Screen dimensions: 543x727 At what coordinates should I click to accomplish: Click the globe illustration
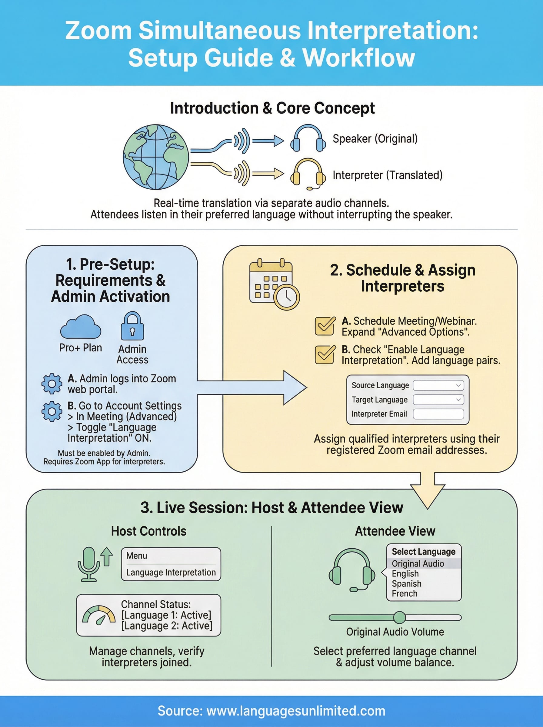(156, 157)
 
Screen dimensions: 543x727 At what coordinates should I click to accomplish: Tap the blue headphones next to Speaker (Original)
(308, 139)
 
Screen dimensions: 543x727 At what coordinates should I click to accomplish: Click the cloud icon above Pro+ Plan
(81, 327)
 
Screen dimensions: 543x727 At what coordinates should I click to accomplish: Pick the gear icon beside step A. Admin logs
(52, 383)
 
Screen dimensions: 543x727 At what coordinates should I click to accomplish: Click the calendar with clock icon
(274, 284)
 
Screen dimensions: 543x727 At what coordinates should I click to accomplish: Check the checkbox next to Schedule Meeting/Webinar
(325, 326)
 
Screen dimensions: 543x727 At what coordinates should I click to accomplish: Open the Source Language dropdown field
(438, 385)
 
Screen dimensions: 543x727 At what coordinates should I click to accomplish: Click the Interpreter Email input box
(438, 414)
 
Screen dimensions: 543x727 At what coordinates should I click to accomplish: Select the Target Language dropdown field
(438, 400)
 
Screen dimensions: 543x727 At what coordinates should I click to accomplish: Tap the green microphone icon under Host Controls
(89, 564)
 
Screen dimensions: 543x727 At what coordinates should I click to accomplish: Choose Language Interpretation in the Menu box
(171, 573)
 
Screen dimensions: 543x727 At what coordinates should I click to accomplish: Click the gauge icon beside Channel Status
(98, 615)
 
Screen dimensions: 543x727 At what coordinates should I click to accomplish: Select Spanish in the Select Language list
(406, 584)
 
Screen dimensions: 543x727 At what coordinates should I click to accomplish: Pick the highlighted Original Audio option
(418, 564)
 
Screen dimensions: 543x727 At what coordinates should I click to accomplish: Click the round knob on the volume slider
(399, 618)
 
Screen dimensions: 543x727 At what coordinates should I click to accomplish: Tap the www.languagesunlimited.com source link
(296, 711)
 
